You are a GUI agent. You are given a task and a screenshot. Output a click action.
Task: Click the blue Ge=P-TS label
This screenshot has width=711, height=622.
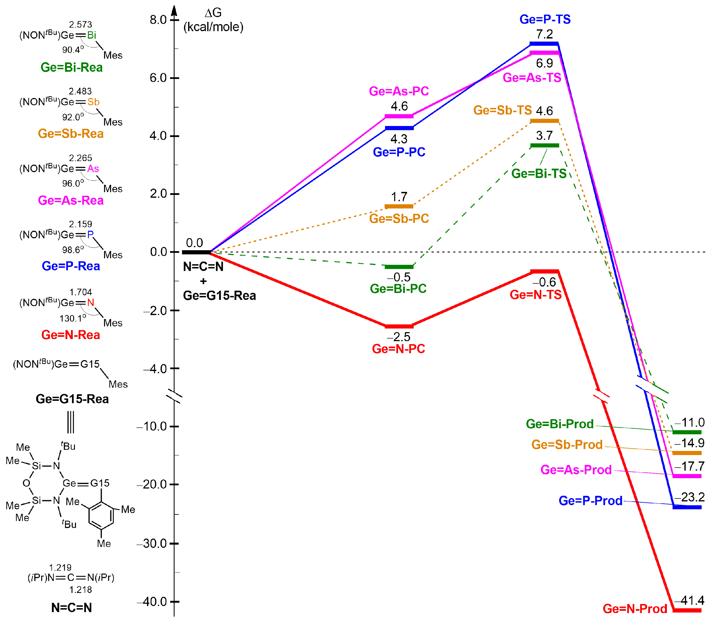point(544,19)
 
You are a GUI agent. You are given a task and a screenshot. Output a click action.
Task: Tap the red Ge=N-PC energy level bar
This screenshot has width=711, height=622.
point(399,326)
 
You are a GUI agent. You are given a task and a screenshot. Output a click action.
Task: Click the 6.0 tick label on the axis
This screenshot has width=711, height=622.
point(158,78)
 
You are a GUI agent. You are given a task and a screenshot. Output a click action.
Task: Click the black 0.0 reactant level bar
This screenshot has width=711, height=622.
point(196,252)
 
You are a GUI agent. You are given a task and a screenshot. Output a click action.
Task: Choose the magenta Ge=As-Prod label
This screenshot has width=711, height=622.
point(576,470)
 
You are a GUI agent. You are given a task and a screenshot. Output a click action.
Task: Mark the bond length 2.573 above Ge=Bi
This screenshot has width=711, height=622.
point(81,25)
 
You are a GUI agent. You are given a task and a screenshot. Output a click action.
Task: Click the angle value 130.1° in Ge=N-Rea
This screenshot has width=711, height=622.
point(73,318)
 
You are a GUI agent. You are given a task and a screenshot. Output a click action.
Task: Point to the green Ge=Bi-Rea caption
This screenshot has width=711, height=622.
point(72,67)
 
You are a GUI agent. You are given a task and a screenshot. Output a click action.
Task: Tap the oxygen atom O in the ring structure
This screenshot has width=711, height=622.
point(26,483)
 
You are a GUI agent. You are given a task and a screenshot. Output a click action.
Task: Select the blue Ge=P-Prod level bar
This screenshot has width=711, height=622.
point(687,507)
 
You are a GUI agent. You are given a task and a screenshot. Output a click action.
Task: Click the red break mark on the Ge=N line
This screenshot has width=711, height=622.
point(601,396)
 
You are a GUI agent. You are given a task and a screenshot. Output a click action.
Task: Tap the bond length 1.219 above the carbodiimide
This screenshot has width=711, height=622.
point(60,567)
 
